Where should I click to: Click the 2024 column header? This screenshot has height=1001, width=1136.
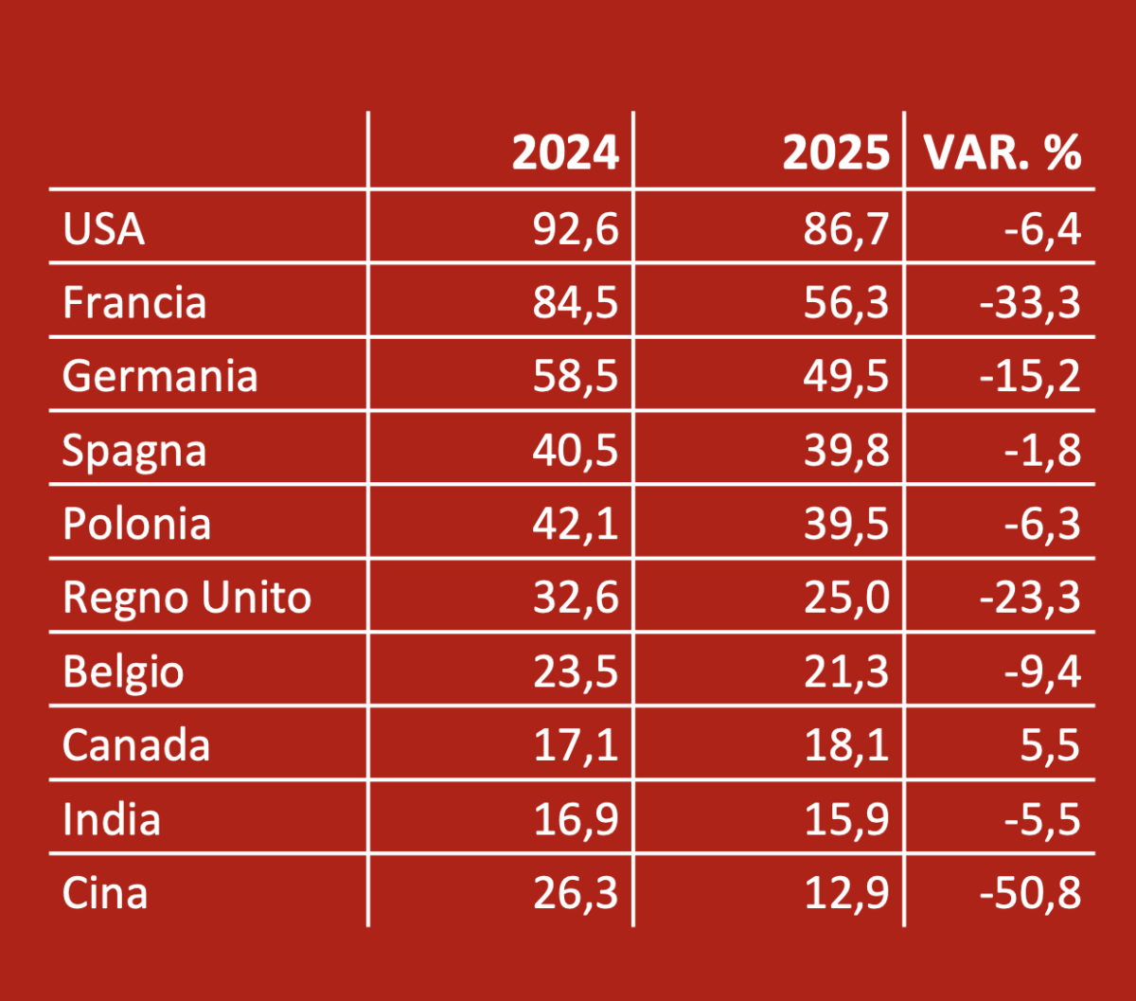pos(565,152)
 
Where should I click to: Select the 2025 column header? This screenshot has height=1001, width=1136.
pos(836,152)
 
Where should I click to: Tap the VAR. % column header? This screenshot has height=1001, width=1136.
pos(1003,152)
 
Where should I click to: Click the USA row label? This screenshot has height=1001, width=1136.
pos(104,229)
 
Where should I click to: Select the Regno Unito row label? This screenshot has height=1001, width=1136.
pos(186,598)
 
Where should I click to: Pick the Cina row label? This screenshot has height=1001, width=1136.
pos(105,893)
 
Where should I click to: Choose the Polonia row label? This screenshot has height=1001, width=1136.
pos(136,524)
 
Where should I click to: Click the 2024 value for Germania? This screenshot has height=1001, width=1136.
pos(576,376)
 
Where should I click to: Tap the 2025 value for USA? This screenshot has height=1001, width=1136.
pos(847,229)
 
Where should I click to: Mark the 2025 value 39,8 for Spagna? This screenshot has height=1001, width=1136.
pos(847,450)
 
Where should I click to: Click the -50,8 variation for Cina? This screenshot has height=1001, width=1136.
pos(1032,893)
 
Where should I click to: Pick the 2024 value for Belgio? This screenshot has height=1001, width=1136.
pos(576,671)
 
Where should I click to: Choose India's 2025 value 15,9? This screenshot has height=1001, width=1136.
pos(847,819)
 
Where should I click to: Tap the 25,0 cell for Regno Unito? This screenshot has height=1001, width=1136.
pos(847,598)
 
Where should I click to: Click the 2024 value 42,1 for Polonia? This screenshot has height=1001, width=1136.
pos(576,524)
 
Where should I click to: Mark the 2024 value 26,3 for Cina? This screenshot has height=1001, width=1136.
pos(576,893)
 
